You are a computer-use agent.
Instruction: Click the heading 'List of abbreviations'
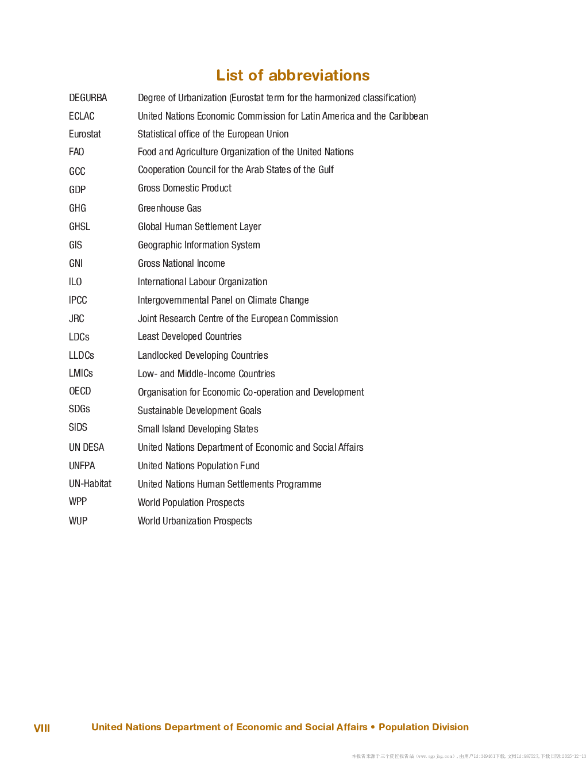[x=293, y=75]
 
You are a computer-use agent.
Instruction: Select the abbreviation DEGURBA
[x=88, y=98]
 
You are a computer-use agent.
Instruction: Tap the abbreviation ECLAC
[x=82, y=116]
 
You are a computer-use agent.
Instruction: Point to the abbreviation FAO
[x=76, y=152]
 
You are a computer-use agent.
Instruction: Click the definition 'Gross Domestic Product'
[x=184, y=188]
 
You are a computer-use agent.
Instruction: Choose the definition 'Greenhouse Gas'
[x=169, y=208]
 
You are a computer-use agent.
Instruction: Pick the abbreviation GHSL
[x=79, y=227]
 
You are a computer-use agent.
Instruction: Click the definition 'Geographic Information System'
[x=199, y=245]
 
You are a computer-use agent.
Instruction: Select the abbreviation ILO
[x=75, y=282]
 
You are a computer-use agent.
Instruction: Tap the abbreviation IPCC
[x=78, y=300]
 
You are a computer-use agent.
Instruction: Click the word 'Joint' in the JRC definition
[x=146, y=319]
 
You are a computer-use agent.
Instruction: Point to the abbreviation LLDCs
[x=82, y=355]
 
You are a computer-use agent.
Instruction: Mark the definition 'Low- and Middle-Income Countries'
[x=206, y=374]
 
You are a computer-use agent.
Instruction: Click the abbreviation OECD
[x=80, y=391]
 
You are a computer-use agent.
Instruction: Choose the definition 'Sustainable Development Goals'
[x=199, y=411]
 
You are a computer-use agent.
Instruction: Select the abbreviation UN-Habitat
[x=90, y=484]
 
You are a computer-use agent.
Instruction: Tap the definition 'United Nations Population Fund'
[x=199, y=466]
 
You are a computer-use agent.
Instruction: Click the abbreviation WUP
[x=78, y=521]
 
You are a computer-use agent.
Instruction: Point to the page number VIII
[x=42, y=728]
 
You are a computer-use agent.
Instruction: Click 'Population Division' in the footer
[x=423, y=727]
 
